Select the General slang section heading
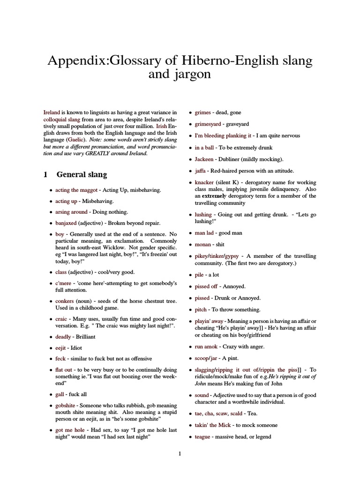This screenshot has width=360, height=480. [82, 174]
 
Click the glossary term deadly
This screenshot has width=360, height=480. [63, 337]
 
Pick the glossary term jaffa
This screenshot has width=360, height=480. [201, 171]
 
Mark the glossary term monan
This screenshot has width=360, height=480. [202, 244]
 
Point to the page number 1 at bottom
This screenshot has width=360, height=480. [180, 453]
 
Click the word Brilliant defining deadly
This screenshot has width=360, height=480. [86, 337]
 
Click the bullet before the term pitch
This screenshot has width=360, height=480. [190, 310]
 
